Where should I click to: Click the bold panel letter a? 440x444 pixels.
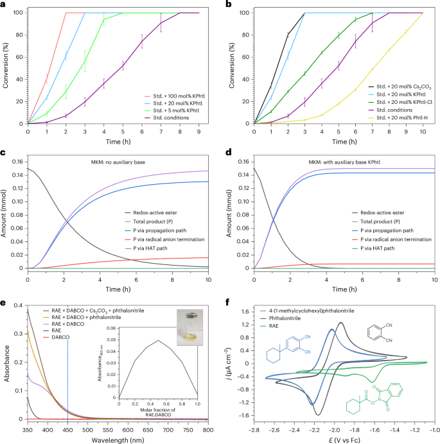(x=4, y=4)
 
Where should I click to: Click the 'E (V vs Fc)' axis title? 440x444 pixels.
(x=344, y=438)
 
